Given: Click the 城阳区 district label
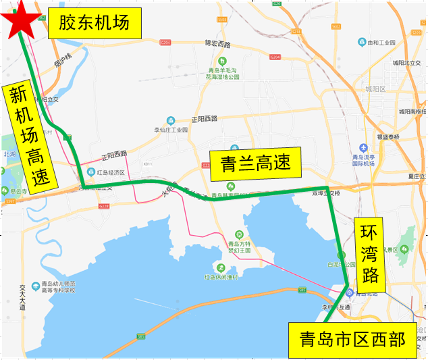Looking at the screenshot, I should click(x=374, y=88).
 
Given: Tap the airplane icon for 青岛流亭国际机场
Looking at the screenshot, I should click(x=365, y=148).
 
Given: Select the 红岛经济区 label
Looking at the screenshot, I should click(x=111, y=172).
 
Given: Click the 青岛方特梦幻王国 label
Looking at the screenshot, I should click(x=239, y=247).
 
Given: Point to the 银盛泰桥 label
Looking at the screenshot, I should click(x=388, y=137).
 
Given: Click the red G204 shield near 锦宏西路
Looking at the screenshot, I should click(x=166, y=43).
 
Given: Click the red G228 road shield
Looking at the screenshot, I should click(x=103, y=206).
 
